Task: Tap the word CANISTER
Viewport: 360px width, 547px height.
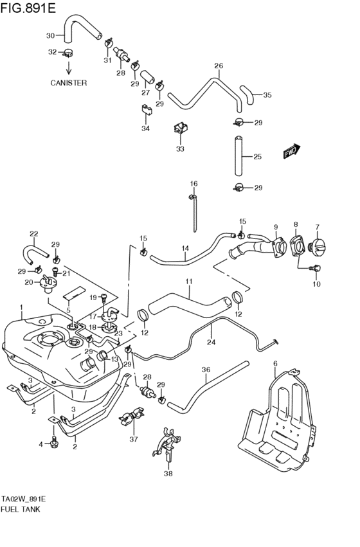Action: tap(69, 83)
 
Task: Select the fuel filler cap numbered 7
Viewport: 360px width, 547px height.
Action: tap(319, 247)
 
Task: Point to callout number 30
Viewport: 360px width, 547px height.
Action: tap(50, 35)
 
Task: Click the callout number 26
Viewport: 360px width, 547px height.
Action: tap(218, 66)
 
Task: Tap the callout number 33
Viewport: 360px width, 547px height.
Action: tap(180, 149)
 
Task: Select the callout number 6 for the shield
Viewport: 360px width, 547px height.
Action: tap(275, 364)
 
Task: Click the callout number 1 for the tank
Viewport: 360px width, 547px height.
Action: tap(21, 308)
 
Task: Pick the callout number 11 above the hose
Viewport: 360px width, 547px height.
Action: tap(189, 282)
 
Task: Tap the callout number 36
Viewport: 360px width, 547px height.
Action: tap(206, 370)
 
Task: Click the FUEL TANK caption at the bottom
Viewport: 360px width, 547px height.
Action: tap(21, 509)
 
